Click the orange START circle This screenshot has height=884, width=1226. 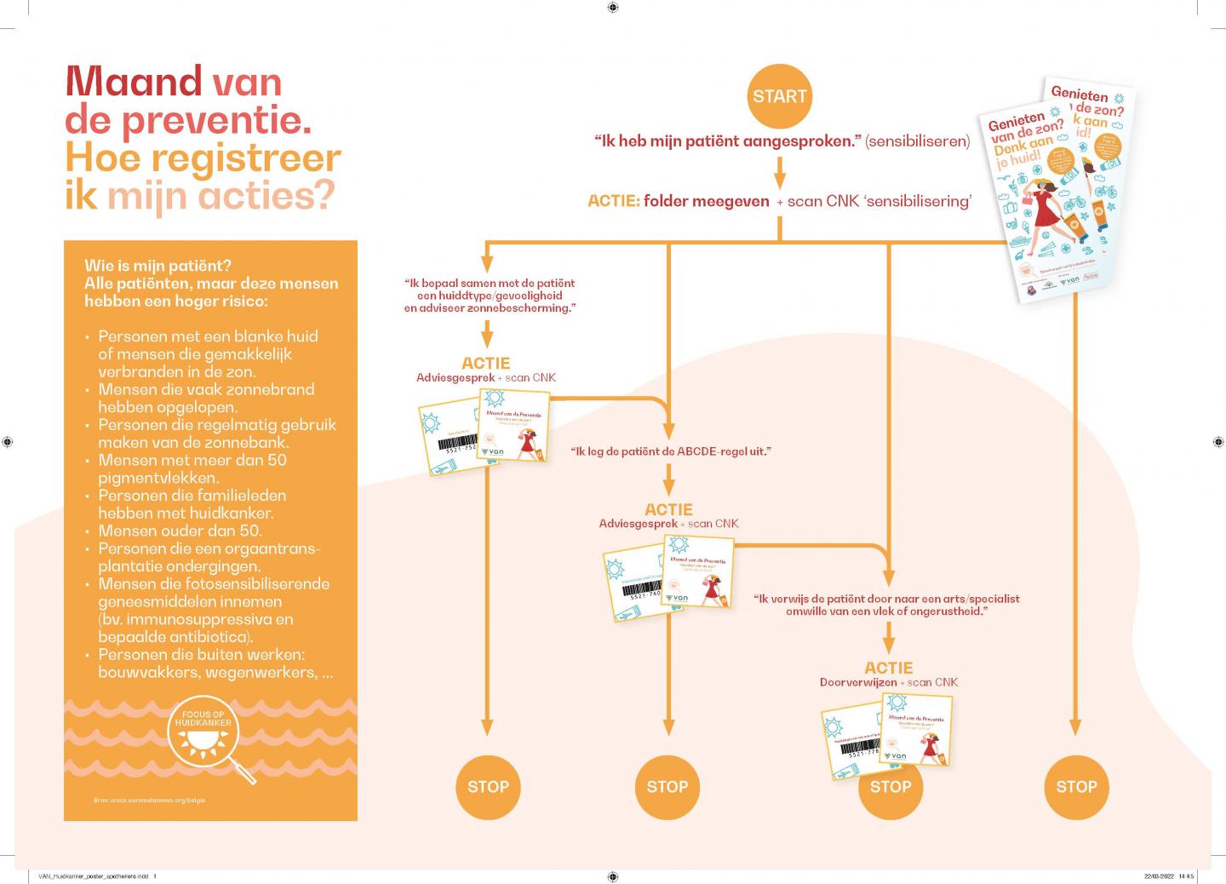tap(779, 96)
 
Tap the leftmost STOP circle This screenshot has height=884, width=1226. tap(488, 786)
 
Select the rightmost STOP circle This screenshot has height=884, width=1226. tap(1076, 786)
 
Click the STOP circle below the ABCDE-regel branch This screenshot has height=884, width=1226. tap(667, 786)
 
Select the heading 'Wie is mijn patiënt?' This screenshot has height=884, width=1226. tap(158, 265)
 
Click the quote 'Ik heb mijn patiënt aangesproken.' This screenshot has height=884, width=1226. tap(729, 141)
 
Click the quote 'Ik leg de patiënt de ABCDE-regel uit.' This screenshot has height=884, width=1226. tap(670, 451)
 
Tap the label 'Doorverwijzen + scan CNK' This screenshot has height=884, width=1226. tap(888, 682)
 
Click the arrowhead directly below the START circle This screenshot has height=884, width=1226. tap(779, 179)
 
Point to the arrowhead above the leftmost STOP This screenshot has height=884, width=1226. tap(487, 726)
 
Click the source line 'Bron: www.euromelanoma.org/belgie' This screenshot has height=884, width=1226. tap(150, 800)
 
